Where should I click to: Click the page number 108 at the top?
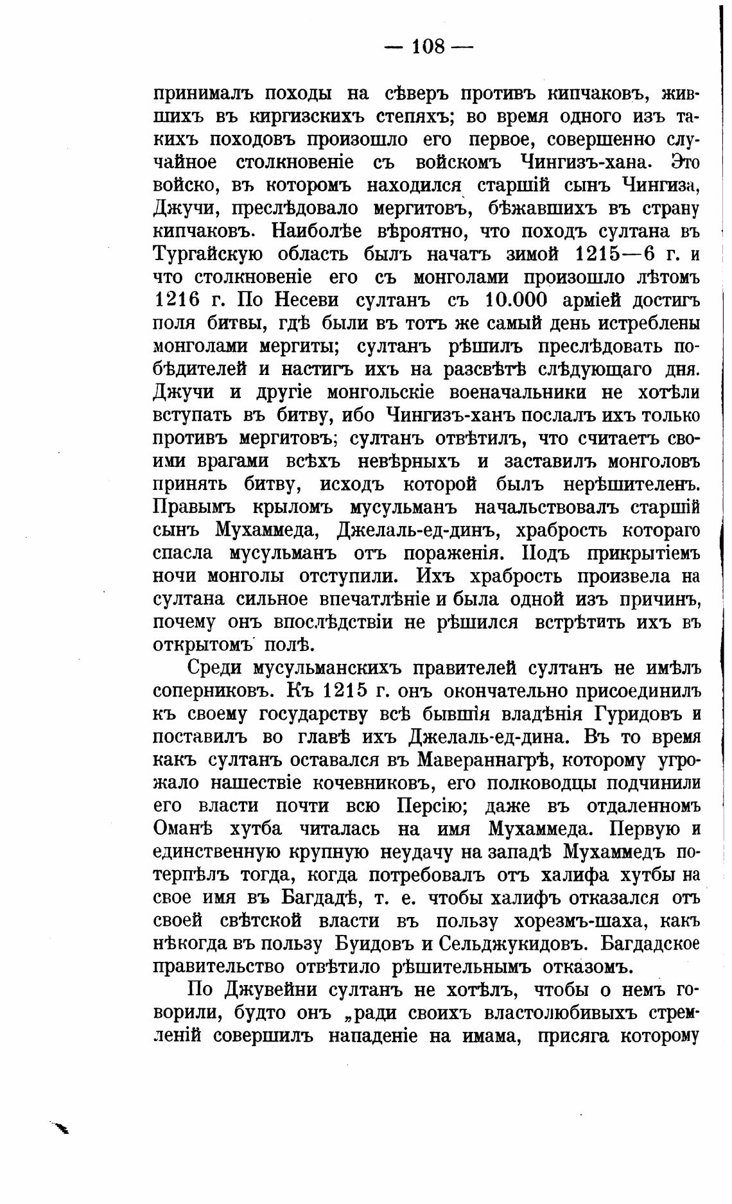pos(428,46)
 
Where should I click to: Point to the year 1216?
pos(177,300)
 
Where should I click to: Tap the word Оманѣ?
pos(186,829)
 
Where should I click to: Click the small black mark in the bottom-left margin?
pos(60,1127)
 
